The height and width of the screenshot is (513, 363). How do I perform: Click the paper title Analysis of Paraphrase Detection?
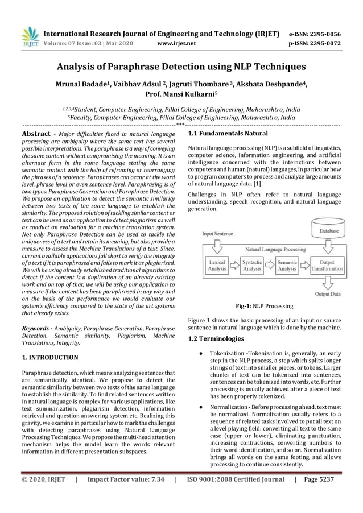coord(181,67)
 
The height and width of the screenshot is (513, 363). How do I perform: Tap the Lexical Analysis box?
coord(217,265)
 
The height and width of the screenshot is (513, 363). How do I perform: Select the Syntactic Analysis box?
coord(252,265)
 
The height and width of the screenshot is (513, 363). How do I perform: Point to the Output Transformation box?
coord(328,265)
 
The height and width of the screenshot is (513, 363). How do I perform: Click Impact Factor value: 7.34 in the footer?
coord(126,495)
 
